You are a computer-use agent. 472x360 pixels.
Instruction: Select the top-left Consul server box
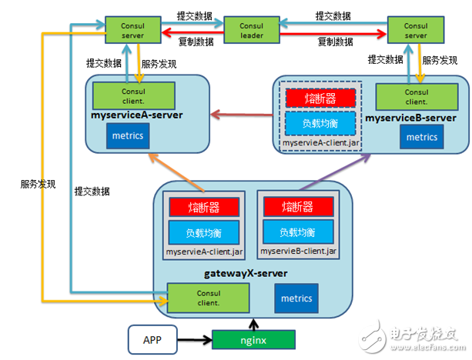click(x=132, y=32)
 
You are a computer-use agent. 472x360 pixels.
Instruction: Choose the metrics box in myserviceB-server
click(x=421, y=137)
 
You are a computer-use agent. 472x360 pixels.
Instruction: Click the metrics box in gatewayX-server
click(x=296, y=298)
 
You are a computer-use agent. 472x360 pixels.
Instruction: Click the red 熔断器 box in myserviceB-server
click(x=320, y=98)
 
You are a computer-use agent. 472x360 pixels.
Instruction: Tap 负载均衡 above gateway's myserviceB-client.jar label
click(x=296, y=232)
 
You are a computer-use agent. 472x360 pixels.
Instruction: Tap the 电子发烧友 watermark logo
click(x=423, y=333)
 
